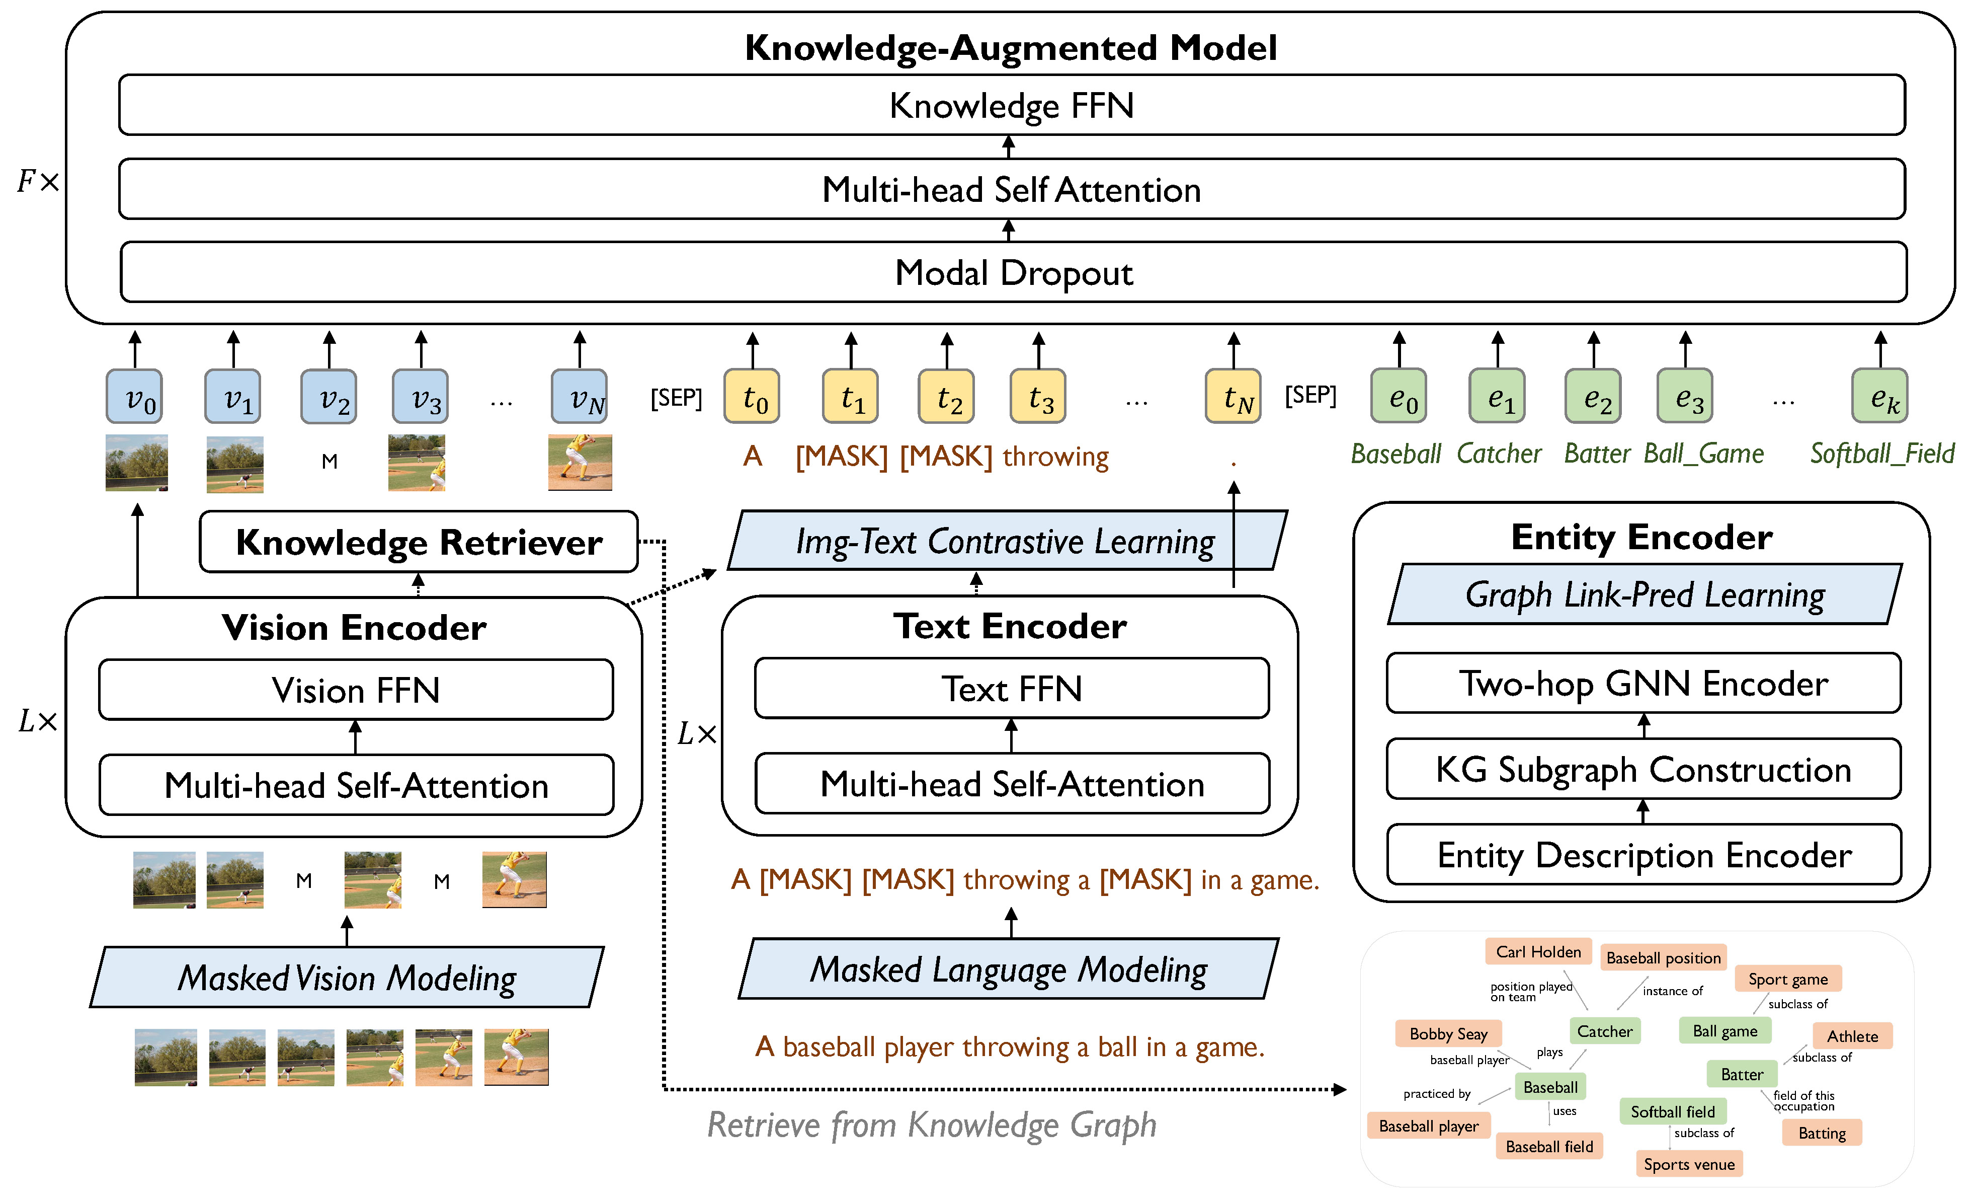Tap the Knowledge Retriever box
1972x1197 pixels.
pos(419,542)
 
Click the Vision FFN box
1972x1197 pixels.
pos(355,690)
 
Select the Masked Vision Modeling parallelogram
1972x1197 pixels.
pos(347,978)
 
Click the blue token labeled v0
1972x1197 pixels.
pos(134,396)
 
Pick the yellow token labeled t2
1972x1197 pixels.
pos(946,396)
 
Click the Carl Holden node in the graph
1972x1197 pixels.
pos(1538,952)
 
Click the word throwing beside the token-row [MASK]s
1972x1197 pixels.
pos(1055,457)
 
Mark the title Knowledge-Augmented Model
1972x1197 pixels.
pos(1010,48)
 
